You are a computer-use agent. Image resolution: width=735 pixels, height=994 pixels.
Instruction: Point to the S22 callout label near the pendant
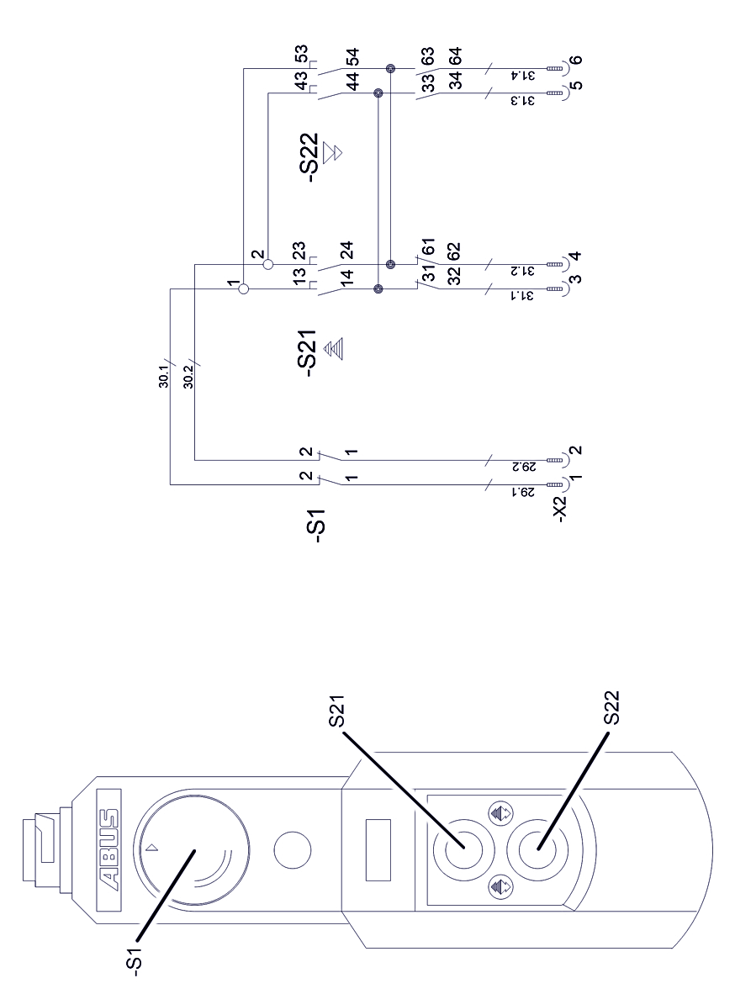click(x=613, y=708)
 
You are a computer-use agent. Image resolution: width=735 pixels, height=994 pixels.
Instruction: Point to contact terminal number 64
click(x=455, y=56)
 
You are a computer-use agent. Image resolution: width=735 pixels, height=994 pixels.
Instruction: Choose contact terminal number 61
click(x=429, y=251)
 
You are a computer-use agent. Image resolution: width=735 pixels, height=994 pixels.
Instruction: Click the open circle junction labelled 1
click(x=243, y=289)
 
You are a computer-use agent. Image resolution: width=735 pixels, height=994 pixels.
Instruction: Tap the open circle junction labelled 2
click(x=268, y=264)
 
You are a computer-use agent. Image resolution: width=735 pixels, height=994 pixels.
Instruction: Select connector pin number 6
click(x=574, y=60)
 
